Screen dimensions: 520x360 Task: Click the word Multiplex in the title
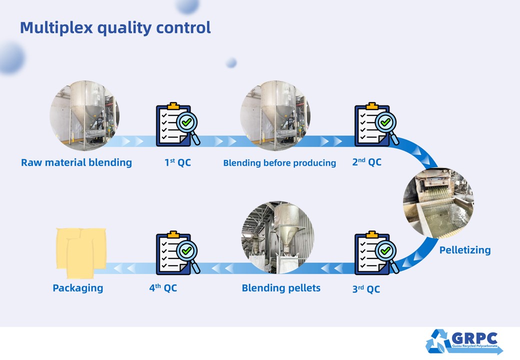point(56,27)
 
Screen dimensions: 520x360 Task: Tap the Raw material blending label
point(76,162)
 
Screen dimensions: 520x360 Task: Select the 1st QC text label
point(178,162)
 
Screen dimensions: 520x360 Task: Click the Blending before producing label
point(279,163)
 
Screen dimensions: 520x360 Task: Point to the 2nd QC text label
point(367,162)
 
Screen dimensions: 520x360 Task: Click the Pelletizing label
point(465,250)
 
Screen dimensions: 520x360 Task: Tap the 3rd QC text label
point(366,288)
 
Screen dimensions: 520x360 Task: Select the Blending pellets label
point(281,287)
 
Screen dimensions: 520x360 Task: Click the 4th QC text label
point(163,287)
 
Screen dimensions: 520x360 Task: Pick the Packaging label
point(78,288)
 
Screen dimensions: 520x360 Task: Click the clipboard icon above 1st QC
point(173,124)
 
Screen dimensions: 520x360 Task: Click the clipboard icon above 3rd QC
point(372,253)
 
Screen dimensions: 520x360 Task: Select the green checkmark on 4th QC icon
point(186,250)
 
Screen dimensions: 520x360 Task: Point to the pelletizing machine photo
point(438,203)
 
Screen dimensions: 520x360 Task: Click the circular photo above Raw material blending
point(84,115)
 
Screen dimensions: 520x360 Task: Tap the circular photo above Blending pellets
point(277,237)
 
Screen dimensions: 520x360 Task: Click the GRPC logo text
point(474,338)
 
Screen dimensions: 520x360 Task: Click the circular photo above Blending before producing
point(275,115)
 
